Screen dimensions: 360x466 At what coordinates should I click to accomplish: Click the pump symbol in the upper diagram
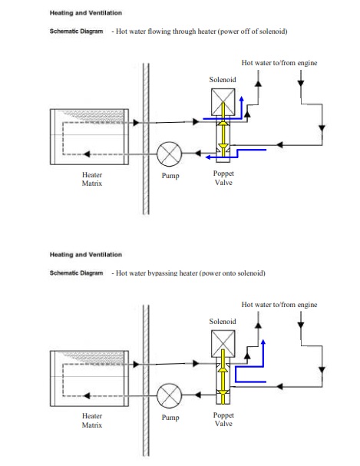[169, 154]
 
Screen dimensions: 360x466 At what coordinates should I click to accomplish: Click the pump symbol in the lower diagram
[169, 395]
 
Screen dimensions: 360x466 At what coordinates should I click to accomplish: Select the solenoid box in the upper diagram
[223, 102]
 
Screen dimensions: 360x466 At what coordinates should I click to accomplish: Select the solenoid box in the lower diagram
[223, 344]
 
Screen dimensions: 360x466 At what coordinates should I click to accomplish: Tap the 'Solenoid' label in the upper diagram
[223, 80]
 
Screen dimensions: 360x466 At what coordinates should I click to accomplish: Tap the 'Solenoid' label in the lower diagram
[223, 322]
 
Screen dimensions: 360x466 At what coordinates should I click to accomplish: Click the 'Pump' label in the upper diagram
[170, 176]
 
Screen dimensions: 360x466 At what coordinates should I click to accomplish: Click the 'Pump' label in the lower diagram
[170, 418]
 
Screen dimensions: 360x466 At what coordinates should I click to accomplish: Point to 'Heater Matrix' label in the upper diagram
[92, 179]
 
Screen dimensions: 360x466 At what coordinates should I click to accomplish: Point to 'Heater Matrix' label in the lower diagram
[92, 421]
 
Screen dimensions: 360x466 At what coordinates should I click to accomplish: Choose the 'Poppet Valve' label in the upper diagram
[223, 177]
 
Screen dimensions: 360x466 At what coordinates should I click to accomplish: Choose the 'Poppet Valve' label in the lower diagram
[223, 419]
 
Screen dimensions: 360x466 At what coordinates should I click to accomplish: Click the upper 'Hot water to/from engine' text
[279, 63]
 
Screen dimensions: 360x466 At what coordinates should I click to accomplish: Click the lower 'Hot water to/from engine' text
[279, 305]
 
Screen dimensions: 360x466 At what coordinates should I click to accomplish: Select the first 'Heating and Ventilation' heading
[86, 13]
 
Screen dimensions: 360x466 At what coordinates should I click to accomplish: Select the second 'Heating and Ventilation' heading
[86, 255]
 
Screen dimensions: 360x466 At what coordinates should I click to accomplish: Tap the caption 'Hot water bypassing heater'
[157, 273]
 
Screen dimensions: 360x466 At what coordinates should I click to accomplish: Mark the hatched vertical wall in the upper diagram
[146, 138]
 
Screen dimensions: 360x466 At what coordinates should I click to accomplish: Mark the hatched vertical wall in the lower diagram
[146, 380]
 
